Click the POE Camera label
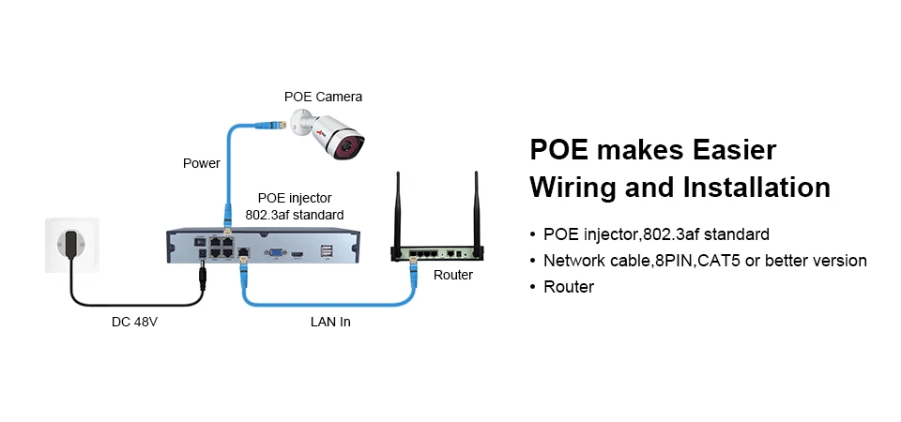click(323, 97)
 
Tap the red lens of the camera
click(347, 147)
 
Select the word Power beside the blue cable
click(201, 163)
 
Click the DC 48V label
click(134, 322)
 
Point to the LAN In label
click(330, 322)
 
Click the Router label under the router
click(452, 275)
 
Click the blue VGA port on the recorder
click(275, 251)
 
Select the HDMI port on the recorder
click(298, 252)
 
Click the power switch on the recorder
click(201, 242)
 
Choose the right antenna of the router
click(476, 209)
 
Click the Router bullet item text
click(569, 287)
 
